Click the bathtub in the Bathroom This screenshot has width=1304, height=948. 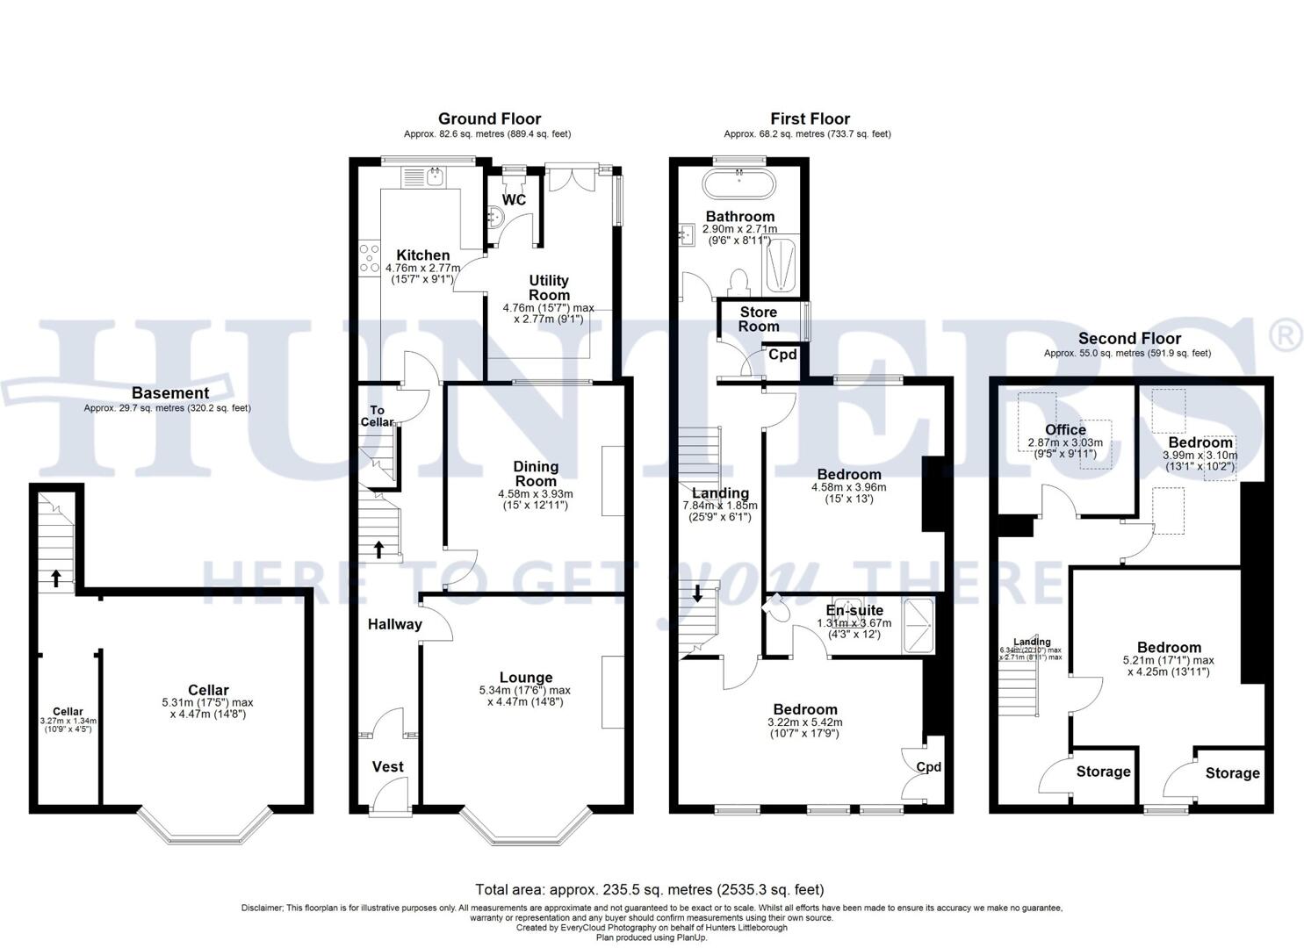(x=738, y=185)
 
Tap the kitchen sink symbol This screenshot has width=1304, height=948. (x=435, y=177)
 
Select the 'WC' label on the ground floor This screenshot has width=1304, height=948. (x=514, y=200)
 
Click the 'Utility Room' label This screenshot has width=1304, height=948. (x=549, y=288)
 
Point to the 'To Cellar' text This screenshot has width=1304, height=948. (x=378, y=416)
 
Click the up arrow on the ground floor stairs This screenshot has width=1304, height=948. (x=378, y=549)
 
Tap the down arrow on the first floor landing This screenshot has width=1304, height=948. (x=698, y=592)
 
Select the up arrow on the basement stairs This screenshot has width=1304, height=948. (x=56, y=578)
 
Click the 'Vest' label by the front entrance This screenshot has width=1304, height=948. (x=387, y=766)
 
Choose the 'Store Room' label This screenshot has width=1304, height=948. (x=758, y=319)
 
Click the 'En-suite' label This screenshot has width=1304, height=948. (x=854, y=611)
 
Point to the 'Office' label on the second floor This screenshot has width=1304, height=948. (x=1065, y=429)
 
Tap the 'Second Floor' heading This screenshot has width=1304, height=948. (x=1129, y=338)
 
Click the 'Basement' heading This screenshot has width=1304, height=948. (x=170, y=393)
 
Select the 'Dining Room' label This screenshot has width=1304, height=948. (x=536, y=474)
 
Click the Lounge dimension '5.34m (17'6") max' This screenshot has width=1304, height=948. (x=525, y=690)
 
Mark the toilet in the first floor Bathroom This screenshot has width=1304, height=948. (x=738, y=281)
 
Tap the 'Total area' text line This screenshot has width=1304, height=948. (x=649, y=889)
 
